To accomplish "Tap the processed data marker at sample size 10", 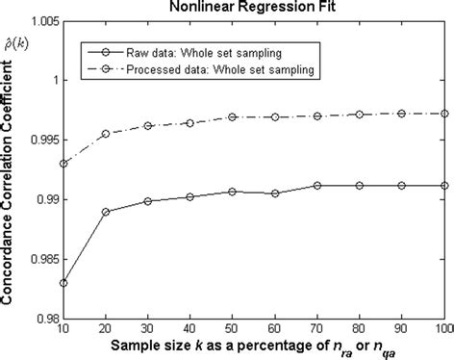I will (x=63, y=164).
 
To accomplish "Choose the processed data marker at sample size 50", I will (x=232, y=117).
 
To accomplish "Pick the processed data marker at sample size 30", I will (x=147, y=126).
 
